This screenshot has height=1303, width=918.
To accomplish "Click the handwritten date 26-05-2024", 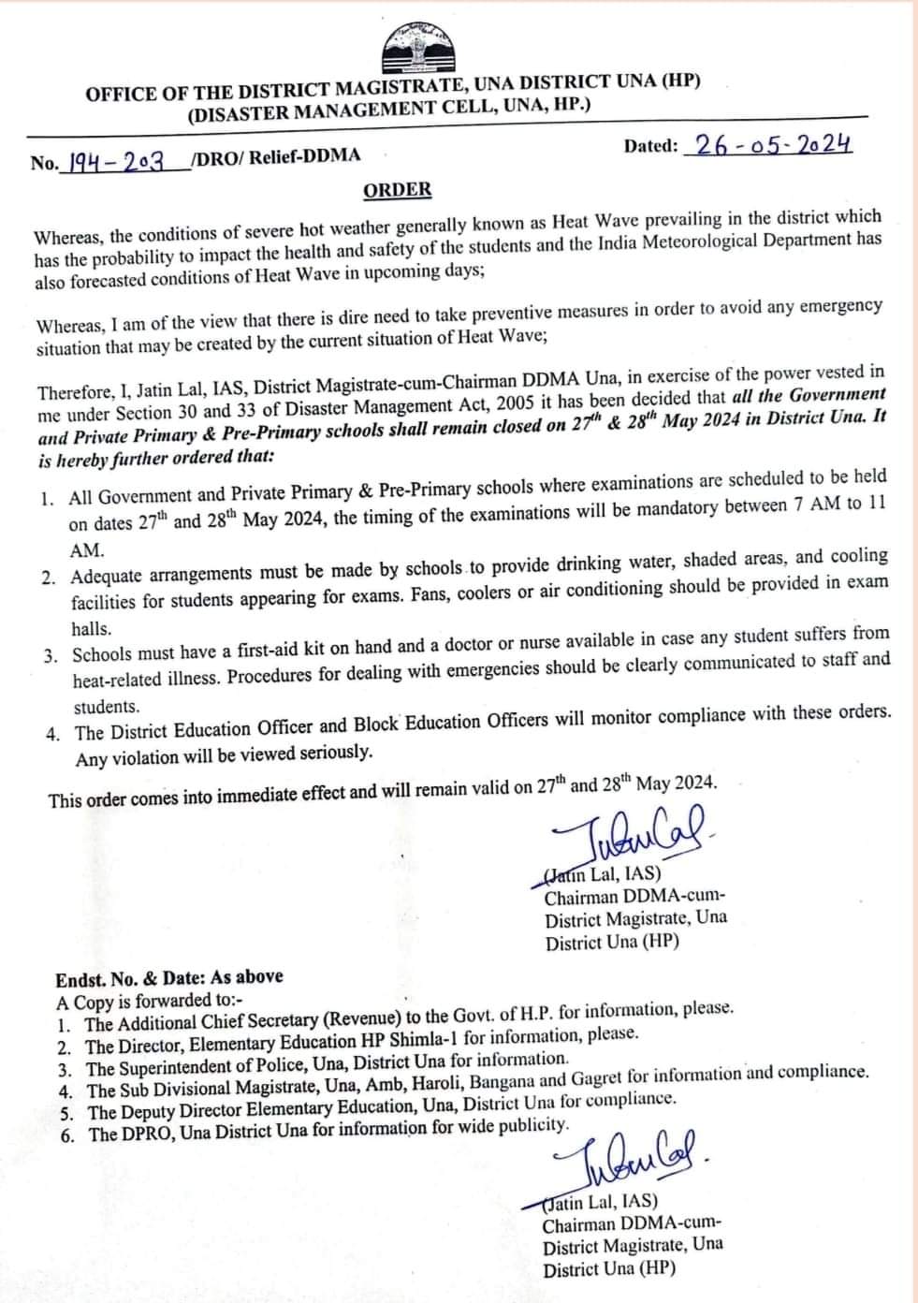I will pos(768,144).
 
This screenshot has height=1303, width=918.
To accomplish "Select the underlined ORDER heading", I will pos(398,190).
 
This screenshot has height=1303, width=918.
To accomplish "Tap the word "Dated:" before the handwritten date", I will pos(650,146).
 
